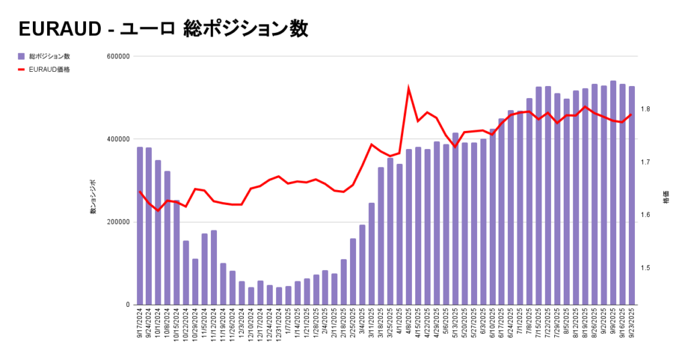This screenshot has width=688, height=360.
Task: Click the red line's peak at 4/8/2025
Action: tap(408, 88)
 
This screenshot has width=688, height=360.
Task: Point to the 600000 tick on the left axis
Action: tap(118, 56)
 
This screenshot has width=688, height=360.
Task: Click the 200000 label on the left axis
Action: tap(118, 222)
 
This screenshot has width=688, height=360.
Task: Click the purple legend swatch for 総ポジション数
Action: tap(21, 56)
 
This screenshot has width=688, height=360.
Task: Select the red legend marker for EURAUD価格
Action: tap(21, 69)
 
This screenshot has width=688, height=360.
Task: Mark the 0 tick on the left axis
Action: tap(126, 305)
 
